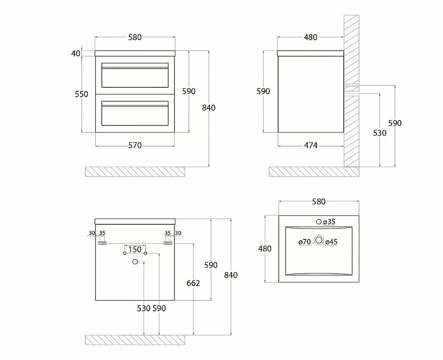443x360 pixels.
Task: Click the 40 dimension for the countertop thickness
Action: tap(75, 53)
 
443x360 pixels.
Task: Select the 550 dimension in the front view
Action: tap(82, 94)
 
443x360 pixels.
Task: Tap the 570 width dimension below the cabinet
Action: tap(135, 145)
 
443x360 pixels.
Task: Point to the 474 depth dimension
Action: tap(311, 145)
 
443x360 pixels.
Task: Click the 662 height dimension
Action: tap(193, 283)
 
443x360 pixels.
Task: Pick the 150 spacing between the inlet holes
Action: tap(135, 250)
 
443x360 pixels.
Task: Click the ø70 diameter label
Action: tap(305, 242)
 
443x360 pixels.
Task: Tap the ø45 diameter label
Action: tap(331, 242)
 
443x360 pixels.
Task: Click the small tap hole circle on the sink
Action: tap(319, 222)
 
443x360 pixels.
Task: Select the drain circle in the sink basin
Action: tap(319, 240)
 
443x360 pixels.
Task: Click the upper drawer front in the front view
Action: tap(135, 75)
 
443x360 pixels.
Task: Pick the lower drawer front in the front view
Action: tap(135, 113)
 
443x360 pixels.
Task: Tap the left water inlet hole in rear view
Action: tap(124, 253)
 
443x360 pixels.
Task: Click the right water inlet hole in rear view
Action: tap(145, 253)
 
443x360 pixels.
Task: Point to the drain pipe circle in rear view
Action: tap(135, 262)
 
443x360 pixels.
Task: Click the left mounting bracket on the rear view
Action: tap(102, 243)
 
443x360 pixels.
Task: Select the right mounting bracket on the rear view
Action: tap(168, 243)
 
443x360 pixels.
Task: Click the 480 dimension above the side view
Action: tap(311, 37)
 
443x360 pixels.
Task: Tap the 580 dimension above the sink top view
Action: tap(319, 202)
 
